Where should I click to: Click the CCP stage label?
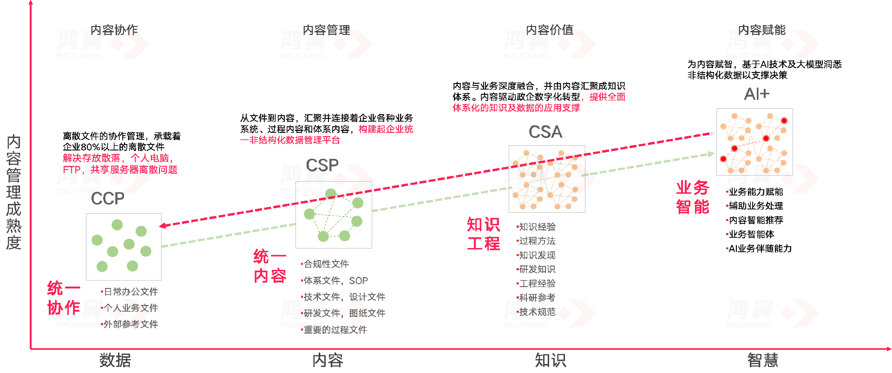(107, 199)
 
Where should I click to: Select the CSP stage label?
(322, 165)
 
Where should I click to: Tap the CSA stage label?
(545, 132)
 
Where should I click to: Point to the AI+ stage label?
(756, 94)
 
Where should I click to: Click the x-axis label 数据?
(115, 360)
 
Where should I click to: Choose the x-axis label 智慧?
(762, 360)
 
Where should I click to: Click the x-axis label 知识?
(550, 360)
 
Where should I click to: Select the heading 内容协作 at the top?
(114, 30)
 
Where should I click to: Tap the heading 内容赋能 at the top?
(761, 30)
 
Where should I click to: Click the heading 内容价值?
(550, 30)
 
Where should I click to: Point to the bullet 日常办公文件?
(131, 292)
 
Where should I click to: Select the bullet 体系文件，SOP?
(335, 281)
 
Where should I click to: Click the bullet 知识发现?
(537, 255)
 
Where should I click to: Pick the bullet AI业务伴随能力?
(760, 249)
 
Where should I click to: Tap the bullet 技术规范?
(537, 312)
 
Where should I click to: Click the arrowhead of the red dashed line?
(162, 226)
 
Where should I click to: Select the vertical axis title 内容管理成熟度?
(13, 192)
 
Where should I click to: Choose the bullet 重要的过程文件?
(335, 330)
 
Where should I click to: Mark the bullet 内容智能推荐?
(756, 220)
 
